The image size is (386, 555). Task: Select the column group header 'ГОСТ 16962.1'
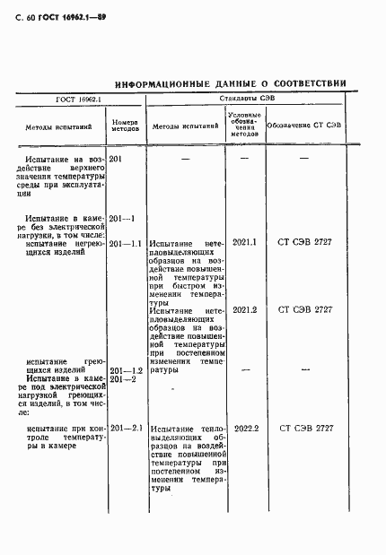(x=79, y=100)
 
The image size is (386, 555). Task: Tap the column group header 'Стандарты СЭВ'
(x=243, y=100)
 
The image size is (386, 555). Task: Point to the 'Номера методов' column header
(x=124, y=126)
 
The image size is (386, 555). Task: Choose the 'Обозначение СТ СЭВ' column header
(x=304, y=126)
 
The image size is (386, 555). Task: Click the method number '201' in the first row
(x=116, y=159)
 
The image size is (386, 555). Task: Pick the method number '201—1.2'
(x=126, y=370)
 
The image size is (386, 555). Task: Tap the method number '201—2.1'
(x=126, y=428)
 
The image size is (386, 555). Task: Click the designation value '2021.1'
(x=244, y=243)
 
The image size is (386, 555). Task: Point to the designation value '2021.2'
(x=244, y=310)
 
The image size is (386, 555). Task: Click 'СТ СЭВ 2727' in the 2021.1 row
(x=306, y=243)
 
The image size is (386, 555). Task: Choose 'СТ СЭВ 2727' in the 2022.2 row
(x=306, y=429)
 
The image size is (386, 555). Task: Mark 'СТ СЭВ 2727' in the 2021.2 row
(x=306, y=310)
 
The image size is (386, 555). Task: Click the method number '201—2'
(x=121, y=379)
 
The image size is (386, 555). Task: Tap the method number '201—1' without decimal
(x=120, y=219)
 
